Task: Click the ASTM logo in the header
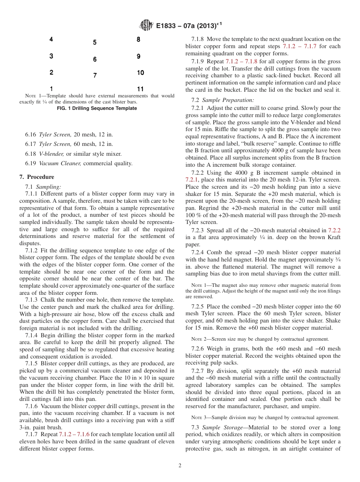[x=146, y=25]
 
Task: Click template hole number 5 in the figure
[x=95, y=42]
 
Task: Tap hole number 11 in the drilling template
[x=140, y=89]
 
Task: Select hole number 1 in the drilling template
[x=51, y=89]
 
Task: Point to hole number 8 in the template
[x=138, y=39]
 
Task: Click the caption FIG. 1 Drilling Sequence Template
[x=97, y=108]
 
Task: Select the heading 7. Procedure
[x=37, y=177]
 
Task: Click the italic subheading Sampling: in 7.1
[x=49, y=186]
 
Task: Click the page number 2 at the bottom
[x=180, y=466]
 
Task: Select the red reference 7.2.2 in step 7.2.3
[x=334, y=230]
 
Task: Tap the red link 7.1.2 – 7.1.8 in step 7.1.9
[x=241, y=61]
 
